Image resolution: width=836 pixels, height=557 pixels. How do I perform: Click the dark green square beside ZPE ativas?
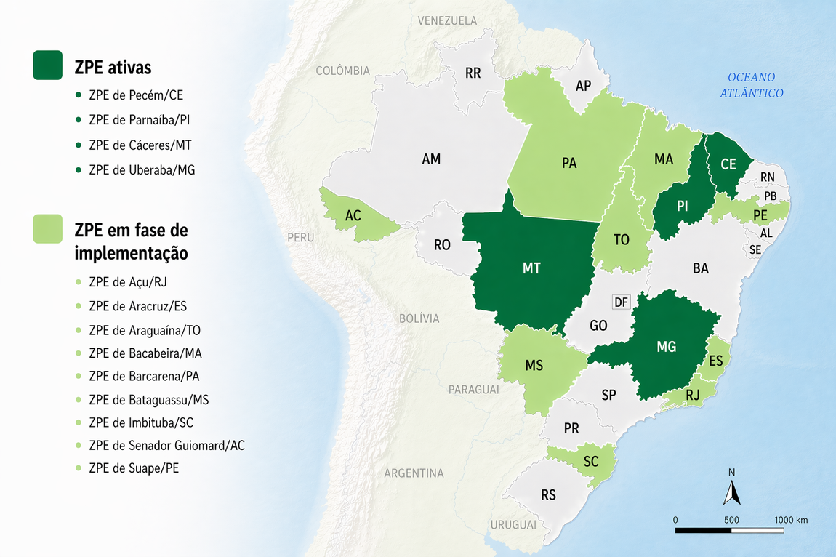48,65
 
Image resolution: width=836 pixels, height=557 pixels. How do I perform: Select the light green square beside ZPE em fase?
48,228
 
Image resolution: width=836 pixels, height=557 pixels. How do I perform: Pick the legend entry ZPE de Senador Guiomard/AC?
166,445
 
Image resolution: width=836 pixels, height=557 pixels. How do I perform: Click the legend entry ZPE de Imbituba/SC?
141,422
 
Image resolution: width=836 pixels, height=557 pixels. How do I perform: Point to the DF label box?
621,302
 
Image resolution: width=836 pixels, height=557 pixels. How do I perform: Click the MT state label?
531,268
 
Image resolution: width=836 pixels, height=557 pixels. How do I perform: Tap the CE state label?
728,164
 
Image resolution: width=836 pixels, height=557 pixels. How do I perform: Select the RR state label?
473,73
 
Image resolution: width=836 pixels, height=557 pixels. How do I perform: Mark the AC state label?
353,216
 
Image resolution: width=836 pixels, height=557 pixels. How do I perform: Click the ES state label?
715,361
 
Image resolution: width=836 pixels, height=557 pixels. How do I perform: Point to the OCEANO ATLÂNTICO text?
752,85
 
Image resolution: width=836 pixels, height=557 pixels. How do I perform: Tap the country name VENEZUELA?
447,21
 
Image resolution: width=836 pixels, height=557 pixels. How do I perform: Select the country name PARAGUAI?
473,390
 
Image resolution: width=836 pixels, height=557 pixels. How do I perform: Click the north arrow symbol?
731,492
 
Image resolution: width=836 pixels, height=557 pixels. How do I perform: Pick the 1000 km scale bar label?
791,520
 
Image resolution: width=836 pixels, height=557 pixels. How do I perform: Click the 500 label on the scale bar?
731,520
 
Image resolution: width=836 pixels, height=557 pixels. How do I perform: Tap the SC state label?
591,462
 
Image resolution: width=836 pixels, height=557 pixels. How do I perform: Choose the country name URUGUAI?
513,524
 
